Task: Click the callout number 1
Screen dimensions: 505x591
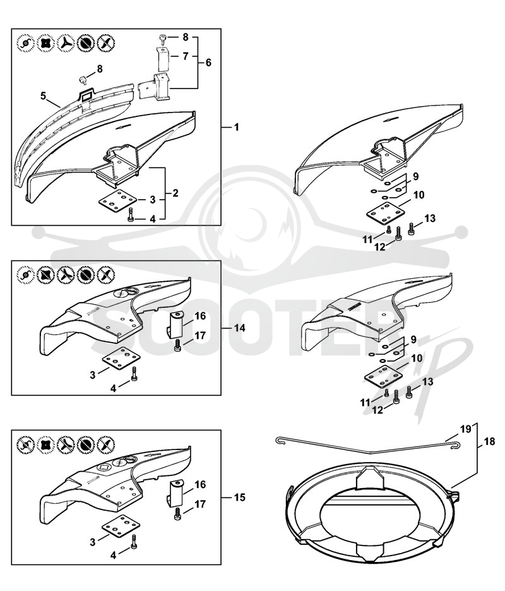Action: pos(236,128)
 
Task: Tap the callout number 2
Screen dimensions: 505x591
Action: pos(175,193)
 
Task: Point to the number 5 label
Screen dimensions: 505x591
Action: pos(44,95)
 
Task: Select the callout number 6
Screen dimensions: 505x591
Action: pos(208,63)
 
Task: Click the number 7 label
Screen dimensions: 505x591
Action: pos(185,56)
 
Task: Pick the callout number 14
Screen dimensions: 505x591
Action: pos(239,328)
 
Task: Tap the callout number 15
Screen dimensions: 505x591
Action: pos(239,497)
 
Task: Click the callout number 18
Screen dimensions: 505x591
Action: pos(489,441)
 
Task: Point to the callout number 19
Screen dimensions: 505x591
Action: pos(465,429)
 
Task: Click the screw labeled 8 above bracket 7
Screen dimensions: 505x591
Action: pos(163,38)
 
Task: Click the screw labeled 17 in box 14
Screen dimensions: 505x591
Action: pos(177,345)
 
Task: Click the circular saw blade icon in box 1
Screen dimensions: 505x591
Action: pos(86,42)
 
